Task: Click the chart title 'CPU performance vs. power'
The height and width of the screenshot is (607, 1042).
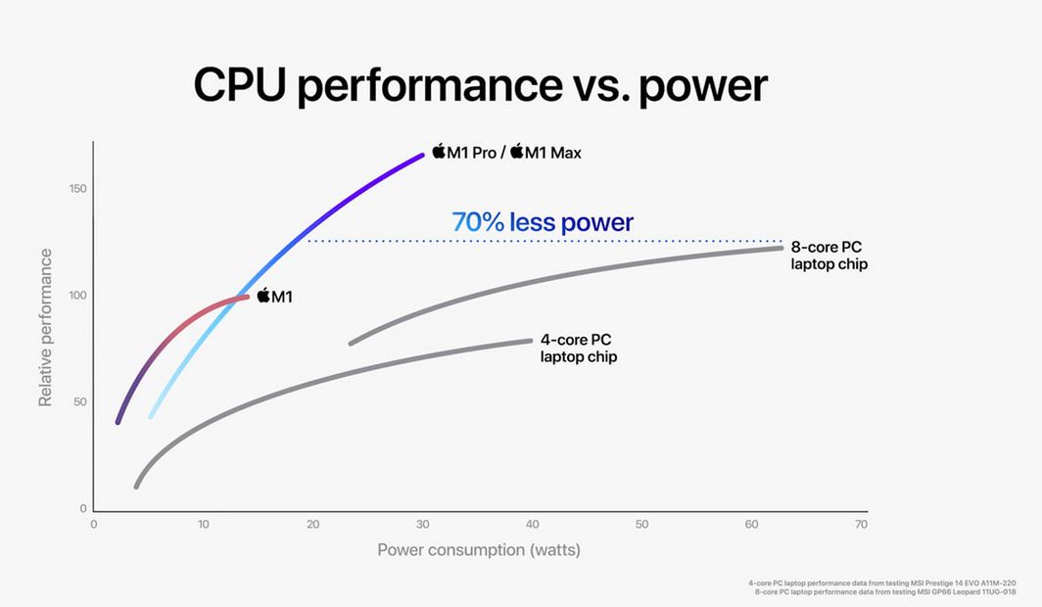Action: point(480,84)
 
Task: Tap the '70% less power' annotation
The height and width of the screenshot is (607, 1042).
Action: point(542,222)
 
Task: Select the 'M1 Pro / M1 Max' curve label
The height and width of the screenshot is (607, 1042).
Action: point(506,152)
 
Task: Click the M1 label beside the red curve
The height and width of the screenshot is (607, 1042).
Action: point(274,296)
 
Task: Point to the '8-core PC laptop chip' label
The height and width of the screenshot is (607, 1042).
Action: point(829,256)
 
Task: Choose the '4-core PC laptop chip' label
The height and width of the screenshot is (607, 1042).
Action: point(579,349)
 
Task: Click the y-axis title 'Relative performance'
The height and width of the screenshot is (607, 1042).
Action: point(46,327)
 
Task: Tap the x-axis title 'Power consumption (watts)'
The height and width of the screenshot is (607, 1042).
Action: point(479,549)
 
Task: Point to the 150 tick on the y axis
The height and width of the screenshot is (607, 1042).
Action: point(77,188)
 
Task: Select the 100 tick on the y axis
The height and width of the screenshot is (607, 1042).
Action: point(77,296)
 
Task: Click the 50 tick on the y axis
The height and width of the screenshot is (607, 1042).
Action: point(80,402)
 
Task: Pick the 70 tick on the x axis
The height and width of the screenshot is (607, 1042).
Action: point(861,525)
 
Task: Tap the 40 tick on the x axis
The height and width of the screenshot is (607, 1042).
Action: point(532,525)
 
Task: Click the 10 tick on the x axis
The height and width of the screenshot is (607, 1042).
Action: point(203,525)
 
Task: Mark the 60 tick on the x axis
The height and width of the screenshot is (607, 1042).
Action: point(751,525)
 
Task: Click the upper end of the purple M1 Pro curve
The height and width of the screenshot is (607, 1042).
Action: point(421,155)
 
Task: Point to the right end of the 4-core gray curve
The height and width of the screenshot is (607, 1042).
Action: point(529,341)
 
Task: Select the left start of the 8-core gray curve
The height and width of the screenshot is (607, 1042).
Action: point(352,343)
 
